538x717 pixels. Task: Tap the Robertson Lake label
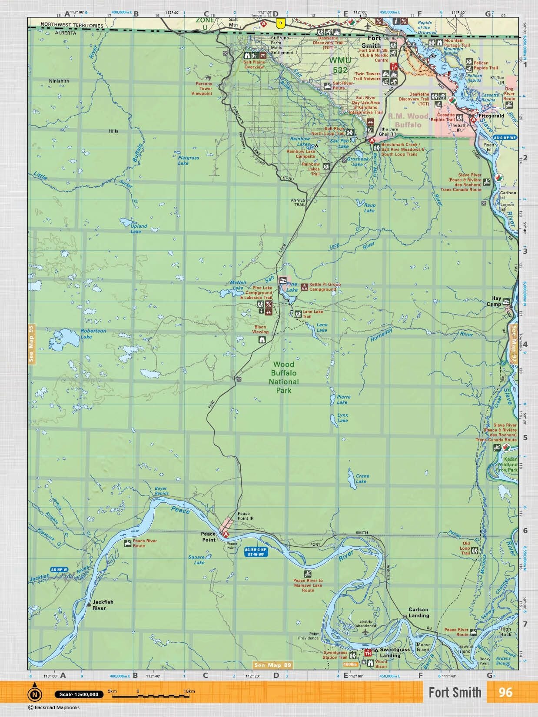click(x=93, y=333)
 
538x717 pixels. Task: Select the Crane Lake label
click(x=361, y=478)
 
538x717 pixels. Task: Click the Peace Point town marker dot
click(x=221, y=532)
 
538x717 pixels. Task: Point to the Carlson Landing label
click(x=418, y=612)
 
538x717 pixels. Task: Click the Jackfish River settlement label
click(x=103, y=604)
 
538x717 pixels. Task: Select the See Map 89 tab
click(x=273, y=665)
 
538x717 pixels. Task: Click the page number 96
click(x=505, y=692)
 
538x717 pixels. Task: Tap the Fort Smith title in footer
click(x=455, y=692)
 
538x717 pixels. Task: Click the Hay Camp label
click(x=496, y=301)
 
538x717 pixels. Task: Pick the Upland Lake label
click(x=139, y=229)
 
